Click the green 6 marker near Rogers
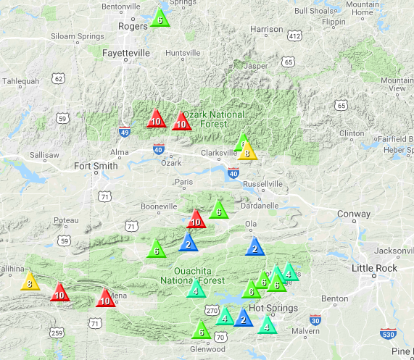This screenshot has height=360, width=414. click(160, 20)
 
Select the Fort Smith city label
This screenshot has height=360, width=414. click(96, 166)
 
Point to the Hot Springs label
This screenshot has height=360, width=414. click(273, 309)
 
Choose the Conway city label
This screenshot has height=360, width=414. click(354, 214)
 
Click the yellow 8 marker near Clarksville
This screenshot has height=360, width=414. click(248, 152)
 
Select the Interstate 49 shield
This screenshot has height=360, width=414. click(125, 133)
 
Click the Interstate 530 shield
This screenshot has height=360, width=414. click(389, 333)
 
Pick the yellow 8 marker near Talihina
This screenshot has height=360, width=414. click(30, 282)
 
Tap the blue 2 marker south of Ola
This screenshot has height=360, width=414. click(255, 248)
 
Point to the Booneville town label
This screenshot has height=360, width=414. click(159, 207)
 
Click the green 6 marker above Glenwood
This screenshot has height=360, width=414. click(201, 331)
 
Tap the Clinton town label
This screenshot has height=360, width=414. click(352, 133)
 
